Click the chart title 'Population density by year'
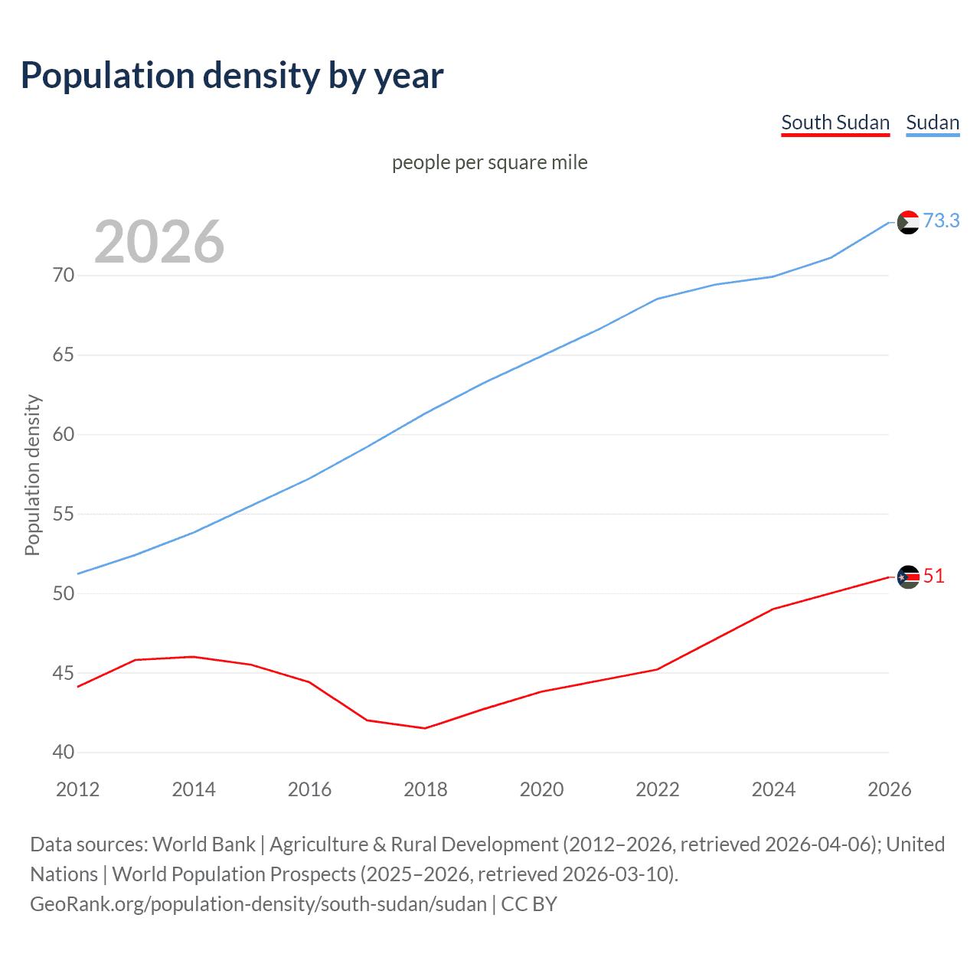[x=232, y=76]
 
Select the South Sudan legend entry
[x=835, y=122]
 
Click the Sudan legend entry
[x=932, y=122]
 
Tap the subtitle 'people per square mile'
[x=489, y=162]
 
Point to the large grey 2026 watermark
[x=159, y=242]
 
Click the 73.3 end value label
[x=941, y=220]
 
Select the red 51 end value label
[x=933, y=576]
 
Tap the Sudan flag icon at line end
[x=908, y=222]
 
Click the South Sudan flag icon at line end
[x=908, y=577]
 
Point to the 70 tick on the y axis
[x=64, y=275]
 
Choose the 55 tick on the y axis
[x=64, y=514]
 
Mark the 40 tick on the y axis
[x=64, y=753]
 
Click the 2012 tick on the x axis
[x=78, y=789]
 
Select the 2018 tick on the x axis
[x=426, y=789]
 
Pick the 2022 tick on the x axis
[x=658, y=789]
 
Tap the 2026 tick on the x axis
[x=889, y=789]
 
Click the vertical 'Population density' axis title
[x=32, y=475]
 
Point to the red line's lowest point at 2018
[x=426, y=728]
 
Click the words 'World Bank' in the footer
[x=204, y=844]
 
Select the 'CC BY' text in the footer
[x=529, y=904]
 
